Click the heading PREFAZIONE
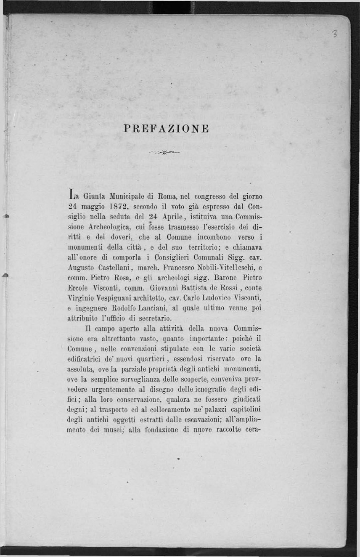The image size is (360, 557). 167,128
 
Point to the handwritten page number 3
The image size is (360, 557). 335,34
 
